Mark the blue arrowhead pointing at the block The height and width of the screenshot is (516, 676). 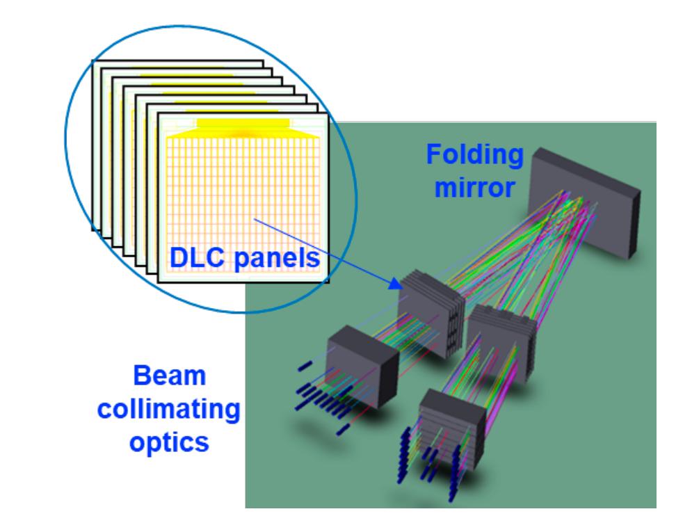tap(395, 283)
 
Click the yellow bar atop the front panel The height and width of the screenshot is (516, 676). tap(242, 123)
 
